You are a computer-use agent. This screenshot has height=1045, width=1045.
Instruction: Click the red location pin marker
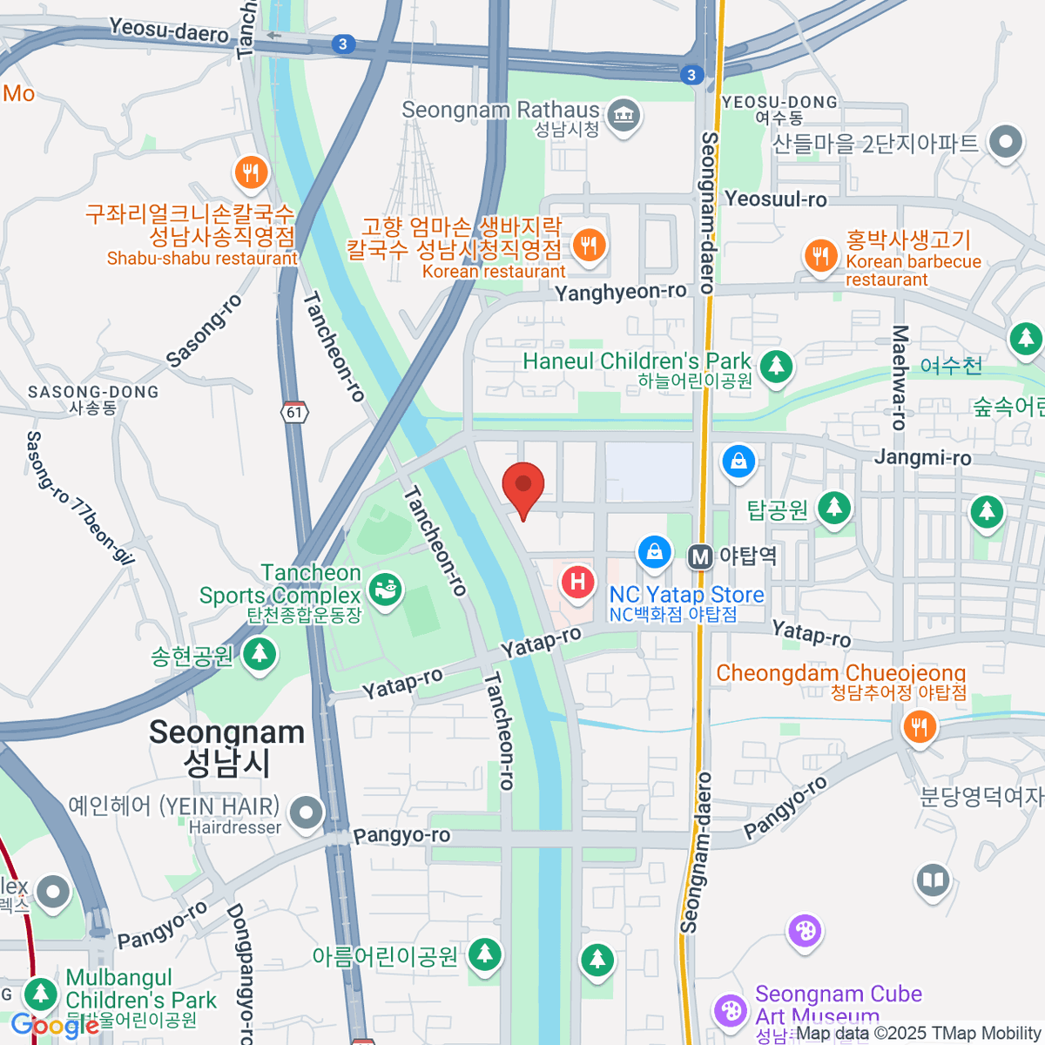523,486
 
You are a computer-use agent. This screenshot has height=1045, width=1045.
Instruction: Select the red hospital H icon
577,582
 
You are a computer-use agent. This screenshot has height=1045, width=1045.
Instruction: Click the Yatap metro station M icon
700,556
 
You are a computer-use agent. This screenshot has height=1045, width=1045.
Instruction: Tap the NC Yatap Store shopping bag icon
654,551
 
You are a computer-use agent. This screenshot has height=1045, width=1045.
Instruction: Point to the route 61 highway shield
295,412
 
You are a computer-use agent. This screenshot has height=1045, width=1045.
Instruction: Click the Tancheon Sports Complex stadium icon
384,590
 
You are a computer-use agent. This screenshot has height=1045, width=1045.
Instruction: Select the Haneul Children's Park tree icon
776,367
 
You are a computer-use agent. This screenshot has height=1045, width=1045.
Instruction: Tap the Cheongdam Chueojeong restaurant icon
919,725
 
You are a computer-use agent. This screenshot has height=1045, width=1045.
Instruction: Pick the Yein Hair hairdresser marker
306,813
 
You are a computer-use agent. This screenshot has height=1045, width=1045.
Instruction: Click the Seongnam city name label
226,747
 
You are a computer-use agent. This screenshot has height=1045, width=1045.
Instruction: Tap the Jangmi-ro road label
922,457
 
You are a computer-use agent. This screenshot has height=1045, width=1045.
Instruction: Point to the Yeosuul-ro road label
775,199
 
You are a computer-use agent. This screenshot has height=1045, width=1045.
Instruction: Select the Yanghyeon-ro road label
621,292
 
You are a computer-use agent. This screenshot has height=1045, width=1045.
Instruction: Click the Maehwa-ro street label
900,377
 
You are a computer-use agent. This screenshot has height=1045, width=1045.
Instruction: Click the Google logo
54,1026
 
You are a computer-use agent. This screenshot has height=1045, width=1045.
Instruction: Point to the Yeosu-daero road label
169,31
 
